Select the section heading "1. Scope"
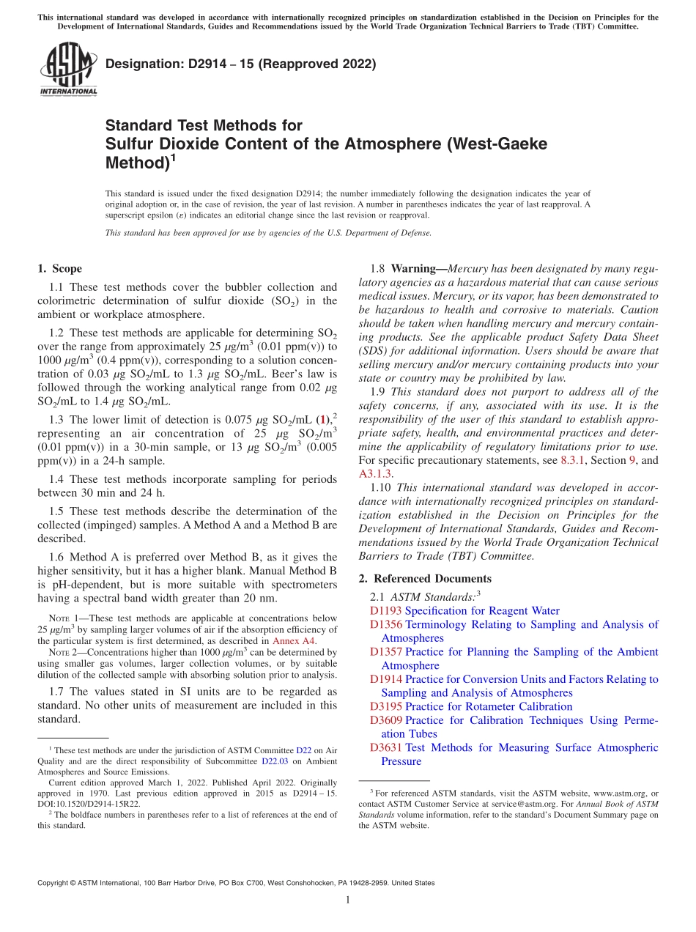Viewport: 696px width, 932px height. click(59, 269)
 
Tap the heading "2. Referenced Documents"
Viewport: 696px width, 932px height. click(425, 579)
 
